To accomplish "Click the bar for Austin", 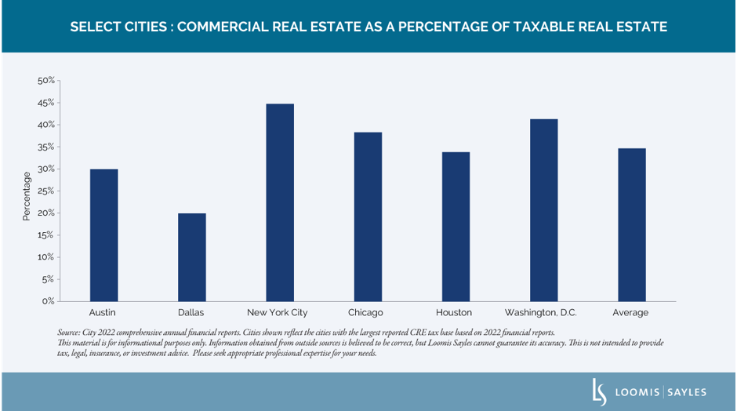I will [x=103, y=235].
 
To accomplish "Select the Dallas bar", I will [x=191, y=257].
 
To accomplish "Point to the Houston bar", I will [x=456, y=227].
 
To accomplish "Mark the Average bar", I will [x=631, y=224].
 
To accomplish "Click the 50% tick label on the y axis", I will [x=46, y=81].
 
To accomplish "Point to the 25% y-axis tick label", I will [x=46, y=191].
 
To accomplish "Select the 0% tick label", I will [x=49, y=301].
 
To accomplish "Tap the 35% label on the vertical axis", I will [x=46, y=147].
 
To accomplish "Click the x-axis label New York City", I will [x=280, y=313].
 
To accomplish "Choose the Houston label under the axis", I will [x=456, y=313].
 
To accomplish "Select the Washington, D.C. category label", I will [x=541, y=313].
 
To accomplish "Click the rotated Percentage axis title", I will [x=27, y=195].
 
